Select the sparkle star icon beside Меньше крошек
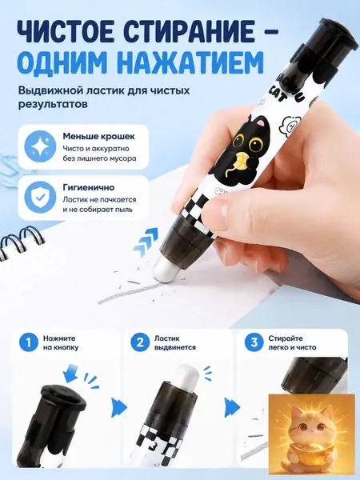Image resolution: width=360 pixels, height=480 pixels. click(x=40, y=147)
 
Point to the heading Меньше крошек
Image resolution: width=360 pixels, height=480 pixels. click(x=98, y=137)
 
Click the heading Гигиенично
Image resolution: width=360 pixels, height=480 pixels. click(x=89, y=187)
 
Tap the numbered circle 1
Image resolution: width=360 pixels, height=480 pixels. click(x=29, y=342)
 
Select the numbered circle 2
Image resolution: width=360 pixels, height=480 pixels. click(x=140, y=342)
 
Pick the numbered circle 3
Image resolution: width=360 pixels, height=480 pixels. click(x=254, y=342)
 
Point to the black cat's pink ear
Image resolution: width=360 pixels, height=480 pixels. click(x=261, y=123)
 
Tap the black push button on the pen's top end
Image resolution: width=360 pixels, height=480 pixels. click(x=332, y=29)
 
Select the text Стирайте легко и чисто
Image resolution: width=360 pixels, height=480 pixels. click(x=292, y=343)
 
